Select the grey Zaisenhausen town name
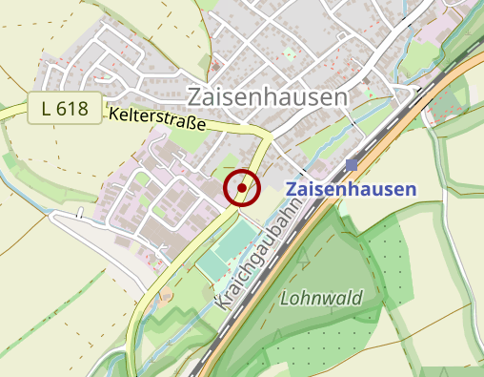[x=268, y=96]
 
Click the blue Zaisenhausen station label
[x=352, y=189]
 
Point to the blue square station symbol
[x=352, y=165]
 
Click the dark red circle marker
[x=242, y=188]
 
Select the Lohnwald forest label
[x=322, y=299]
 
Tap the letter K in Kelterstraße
[x=114, y=114]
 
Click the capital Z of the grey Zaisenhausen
[x=196, y=97]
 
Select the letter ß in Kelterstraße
[x=195, y=126]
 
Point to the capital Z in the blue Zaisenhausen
[x=292, y=189]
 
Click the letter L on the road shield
[x=47, y=109]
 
